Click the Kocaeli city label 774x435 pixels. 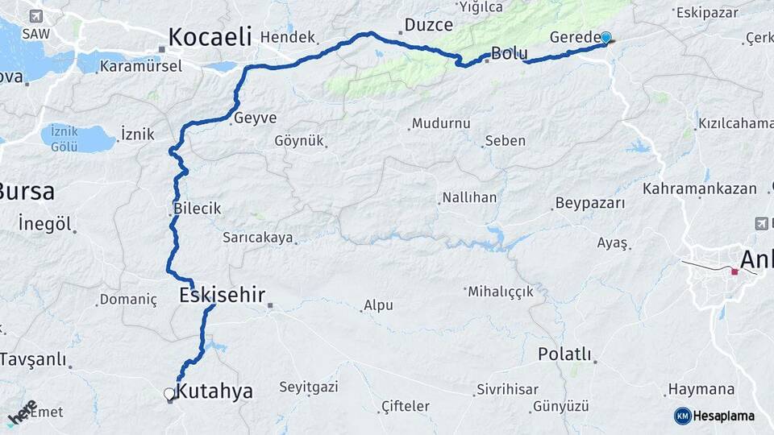(x=210, y=36)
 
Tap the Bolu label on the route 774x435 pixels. (x=510, y=54)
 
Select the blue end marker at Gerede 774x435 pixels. (x=605, y=37)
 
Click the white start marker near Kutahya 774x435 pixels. (x=169, y=394)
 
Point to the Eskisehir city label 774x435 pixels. (x=222, y=295)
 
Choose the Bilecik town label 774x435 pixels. (x=198, y=209)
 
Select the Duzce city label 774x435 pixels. (x=429, y=25)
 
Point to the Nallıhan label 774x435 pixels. (x=469, y=197)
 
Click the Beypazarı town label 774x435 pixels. (x=590, y=203)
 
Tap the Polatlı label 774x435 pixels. (x=564, y=354)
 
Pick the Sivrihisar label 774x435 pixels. (x=507, y=390)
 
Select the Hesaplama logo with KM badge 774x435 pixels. (x=714, y=416)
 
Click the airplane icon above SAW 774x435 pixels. (x=35, y=16)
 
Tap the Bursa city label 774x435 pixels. (x=27, y=192)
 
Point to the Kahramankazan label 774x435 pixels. (x=700, y=188)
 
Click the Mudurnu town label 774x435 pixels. (x=440, y=124)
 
